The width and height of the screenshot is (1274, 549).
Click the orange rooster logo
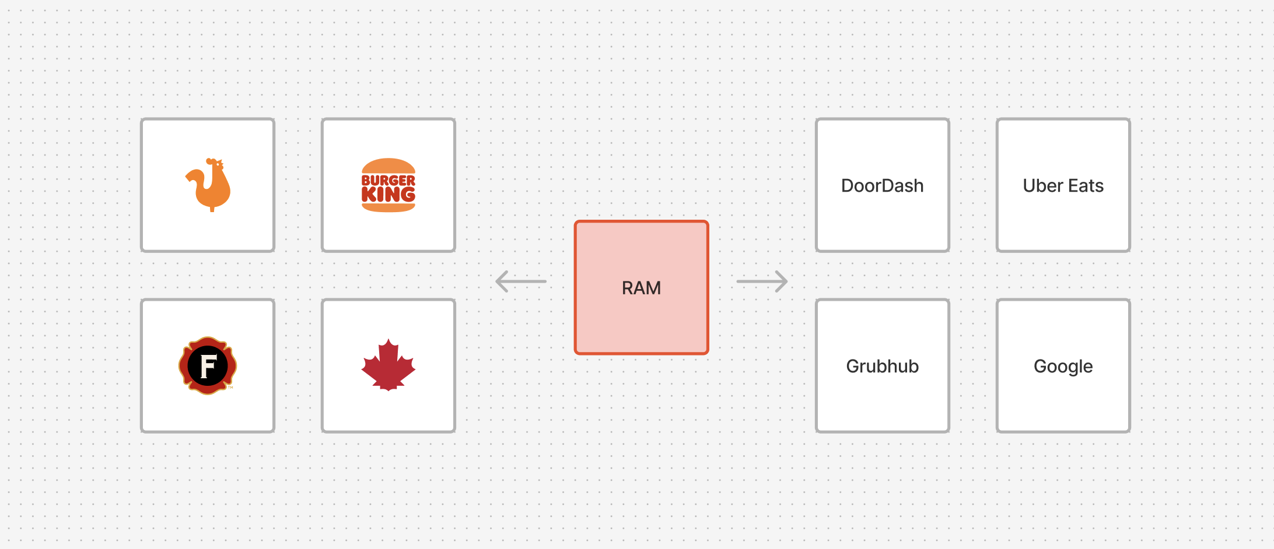coord(209,185)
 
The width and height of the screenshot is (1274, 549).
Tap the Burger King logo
coord(388,185)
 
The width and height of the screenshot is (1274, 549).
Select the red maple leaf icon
coord(388,365)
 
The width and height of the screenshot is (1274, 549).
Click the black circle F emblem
coord(208,365)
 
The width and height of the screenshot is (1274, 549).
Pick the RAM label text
coord(641,288)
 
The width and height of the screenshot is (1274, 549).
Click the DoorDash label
coord(882,185)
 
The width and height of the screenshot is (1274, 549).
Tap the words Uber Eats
coord(1063,185)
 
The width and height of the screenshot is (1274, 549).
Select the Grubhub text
coord(882,366)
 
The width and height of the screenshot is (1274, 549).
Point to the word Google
coord(1063,366)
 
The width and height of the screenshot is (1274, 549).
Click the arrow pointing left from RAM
coord(520,281)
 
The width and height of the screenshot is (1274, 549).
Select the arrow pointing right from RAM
coord(762,281)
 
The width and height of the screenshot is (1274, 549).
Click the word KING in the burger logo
coord(388,195)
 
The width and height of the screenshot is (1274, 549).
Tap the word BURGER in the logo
coord(388,181)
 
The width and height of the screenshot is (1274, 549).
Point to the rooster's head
coord(215,164)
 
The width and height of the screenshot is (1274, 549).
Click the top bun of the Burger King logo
coord(388,166)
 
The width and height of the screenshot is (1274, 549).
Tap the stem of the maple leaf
coord(388,388)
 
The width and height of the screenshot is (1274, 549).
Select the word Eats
coord(1086,185)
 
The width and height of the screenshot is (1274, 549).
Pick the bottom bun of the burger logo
coord(388,207)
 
